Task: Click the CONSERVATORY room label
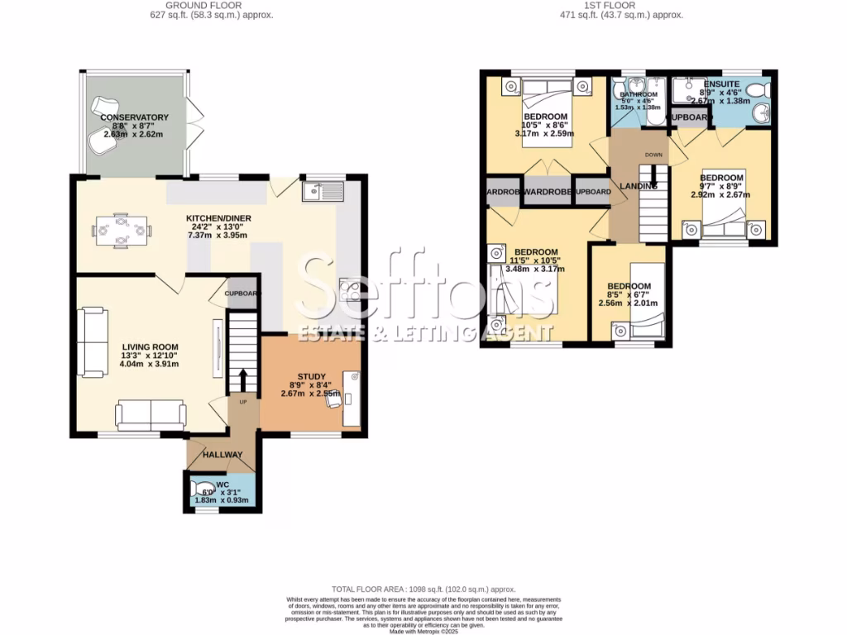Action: (134, 117)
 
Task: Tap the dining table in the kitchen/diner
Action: (121, 231)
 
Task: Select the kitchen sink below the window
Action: (323, 192)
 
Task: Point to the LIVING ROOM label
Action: (150, 346)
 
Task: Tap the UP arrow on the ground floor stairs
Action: (243, 380)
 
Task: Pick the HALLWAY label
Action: (223, 455)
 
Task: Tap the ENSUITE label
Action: (721, 84)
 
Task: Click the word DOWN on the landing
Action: (654, 155)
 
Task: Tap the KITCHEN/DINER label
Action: (218, 218)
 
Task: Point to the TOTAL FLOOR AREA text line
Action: (423, 586)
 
